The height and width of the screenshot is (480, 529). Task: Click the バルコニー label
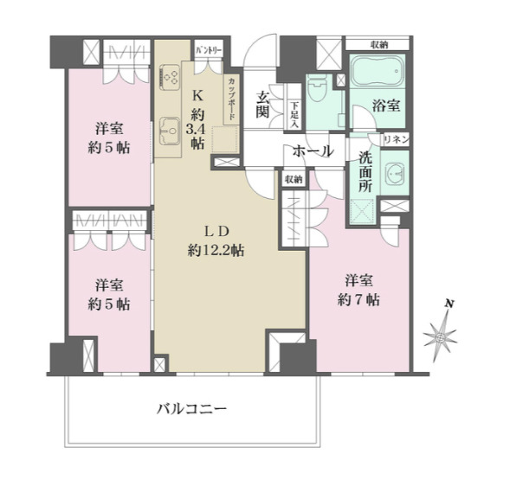[192, 407]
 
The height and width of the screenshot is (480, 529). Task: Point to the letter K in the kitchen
[197, 96]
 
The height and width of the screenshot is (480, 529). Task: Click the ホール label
[313, 151]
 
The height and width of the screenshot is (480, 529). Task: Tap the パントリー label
[209, 50]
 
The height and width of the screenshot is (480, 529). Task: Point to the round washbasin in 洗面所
[396, 172]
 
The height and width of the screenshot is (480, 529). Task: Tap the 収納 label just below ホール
[292, 179]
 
